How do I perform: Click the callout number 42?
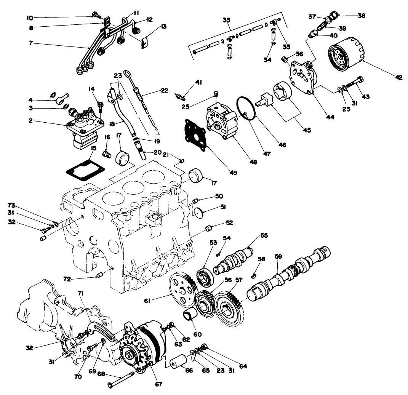coord(398,77)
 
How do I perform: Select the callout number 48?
coord(253,162)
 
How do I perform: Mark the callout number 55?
coord(264,235)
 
